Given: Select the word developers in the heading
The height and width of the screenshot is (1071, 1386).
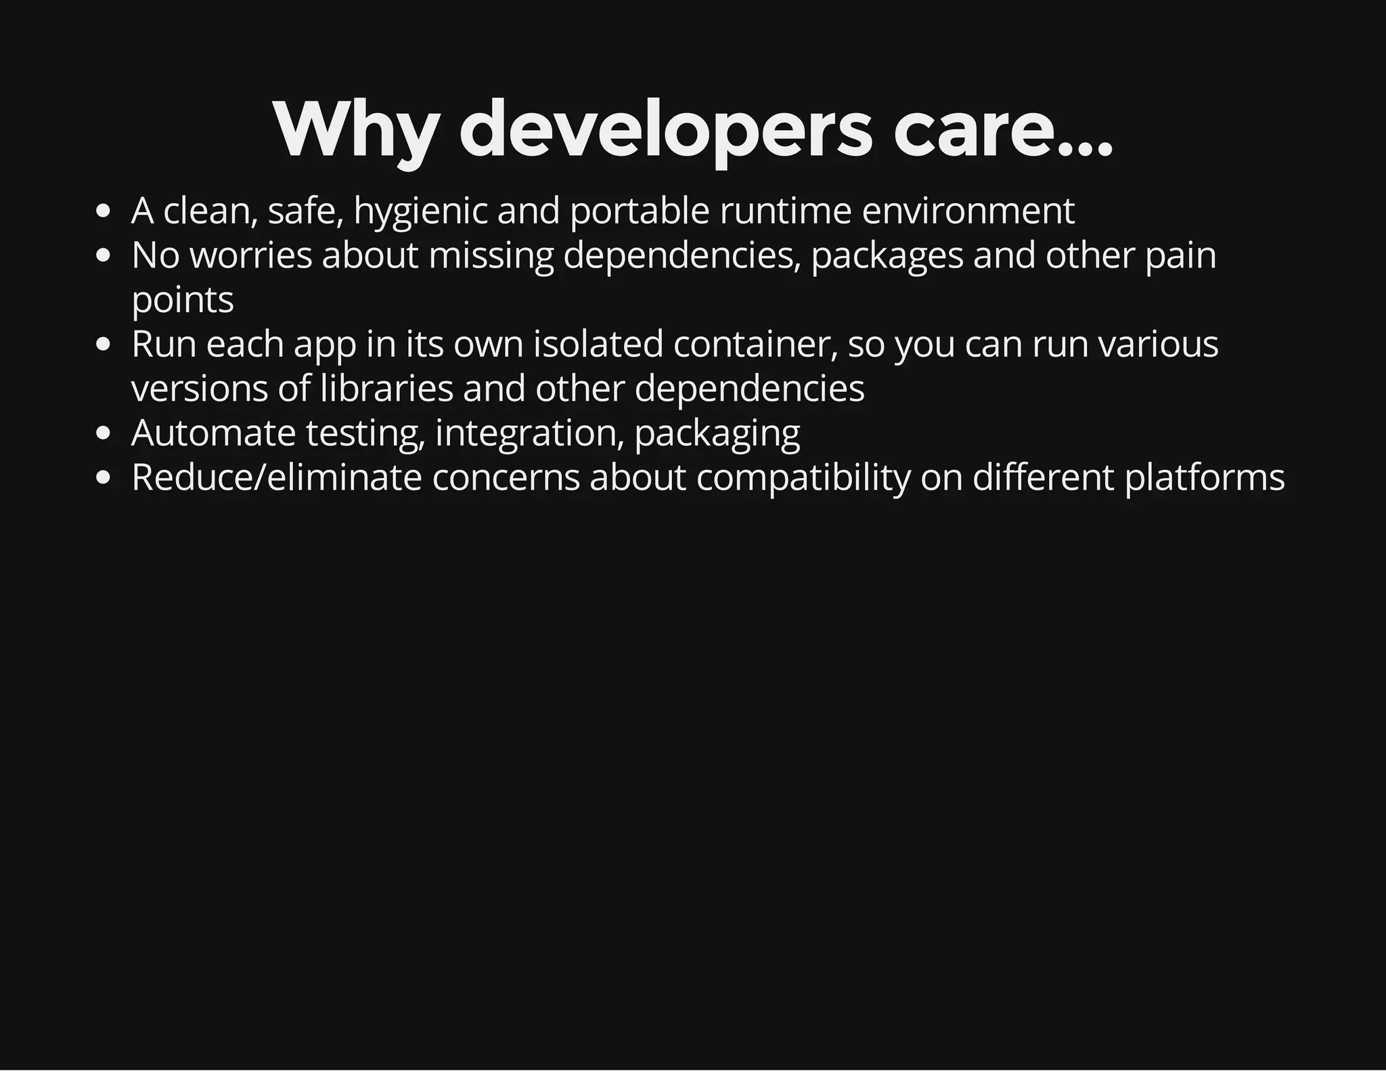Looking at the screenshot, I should (x=666, y=130).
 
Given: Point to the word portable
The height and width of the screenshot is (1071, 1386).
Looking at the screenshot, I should (x=640, y=211).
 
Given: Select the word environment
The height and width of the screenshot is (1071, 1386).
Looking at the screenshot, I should (x=968, y=211).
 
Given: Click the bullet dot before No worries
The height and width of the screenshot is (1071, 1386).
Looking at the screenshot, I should (x=103, y=257).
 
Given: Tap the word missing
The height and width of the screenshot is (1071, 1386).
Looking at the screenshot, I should (x=491, y=256).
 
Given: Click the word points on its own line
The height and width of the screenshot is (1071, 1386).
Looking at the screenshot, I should (x=183, y=301).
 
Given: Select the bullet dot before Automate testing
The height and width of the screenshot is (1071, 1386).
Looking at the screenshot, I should (x=103, y=434).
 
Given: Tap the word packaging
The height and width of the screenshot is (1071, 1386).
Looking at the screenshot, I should (x=717, y=433).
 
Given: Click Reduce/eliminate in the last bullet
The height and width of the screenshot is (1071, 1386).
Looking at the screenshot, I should (x=277, y=477).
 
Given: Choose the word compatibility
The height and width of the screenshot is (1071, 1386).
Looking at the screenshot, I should (x=803, y=477).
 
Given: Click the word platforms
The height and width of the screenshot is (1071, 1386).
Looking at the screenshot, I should (x=1204, y=477).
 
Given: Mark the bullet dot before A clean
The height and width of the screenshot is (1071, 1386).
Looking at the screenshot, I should (x=103, y=212).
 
